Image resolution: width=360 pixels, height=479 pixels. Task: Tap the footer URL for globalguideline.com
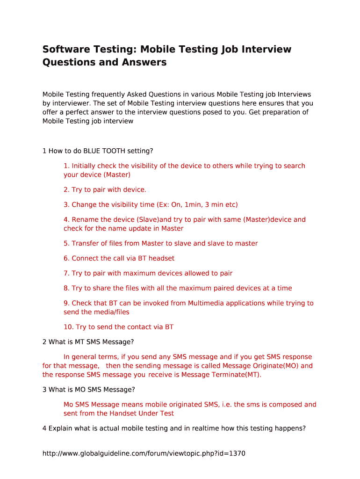pos(144,453)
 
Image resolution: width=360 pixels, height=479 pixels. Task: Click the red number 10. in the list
pos(69,327)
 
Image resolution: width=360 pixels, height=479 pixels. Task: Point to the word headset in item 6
pos(161,258)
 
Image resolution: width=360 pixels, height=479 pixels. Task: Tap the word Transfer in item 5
pos(85,243)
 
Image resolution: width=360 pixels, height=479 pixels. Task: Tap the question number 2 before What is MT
pos(44,342)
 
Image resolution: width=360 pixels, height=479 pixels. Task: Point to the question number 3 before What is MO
pos(44,390)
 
